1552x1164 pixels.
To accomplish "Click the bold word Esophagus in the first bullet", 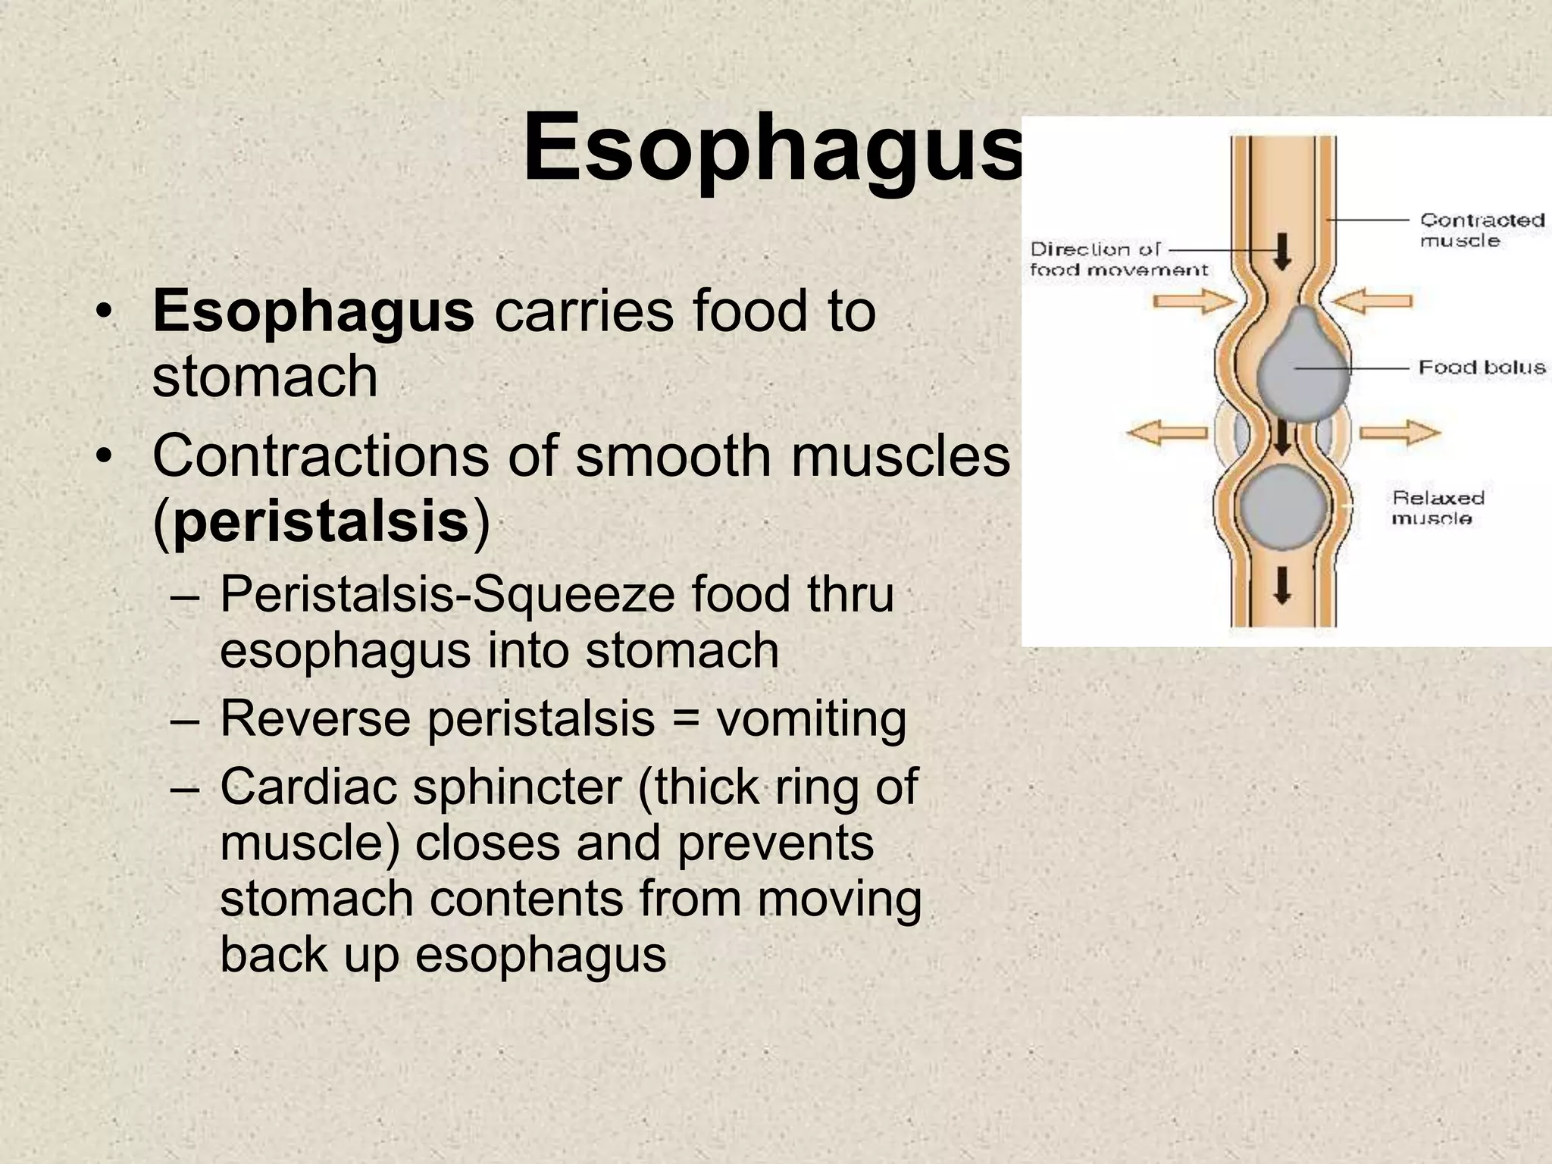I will click(x=313, y=311).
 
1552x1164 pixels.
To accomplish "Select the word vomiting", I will click(x=811, y=718).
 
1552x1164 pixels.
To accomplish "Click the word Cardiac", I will click(x=308, y=787).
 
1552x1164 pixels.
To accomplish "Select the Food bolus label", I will click(x=1482, y=368).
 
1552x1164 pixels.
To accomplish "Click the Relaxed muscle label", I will click(x=1438, y=508).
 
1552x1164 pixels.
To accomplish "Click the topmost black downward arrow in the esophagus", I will click(x=1282, y=251).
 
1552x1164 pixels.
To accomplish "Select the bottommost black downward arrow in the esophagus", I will click(x=1282, y=585).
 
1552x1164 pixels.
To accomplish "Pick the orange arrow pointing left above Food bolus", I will click(x=1372, y=301).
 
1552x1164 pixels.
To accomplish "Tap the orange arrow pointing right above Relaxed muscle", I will click(x=1399, y=433).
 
